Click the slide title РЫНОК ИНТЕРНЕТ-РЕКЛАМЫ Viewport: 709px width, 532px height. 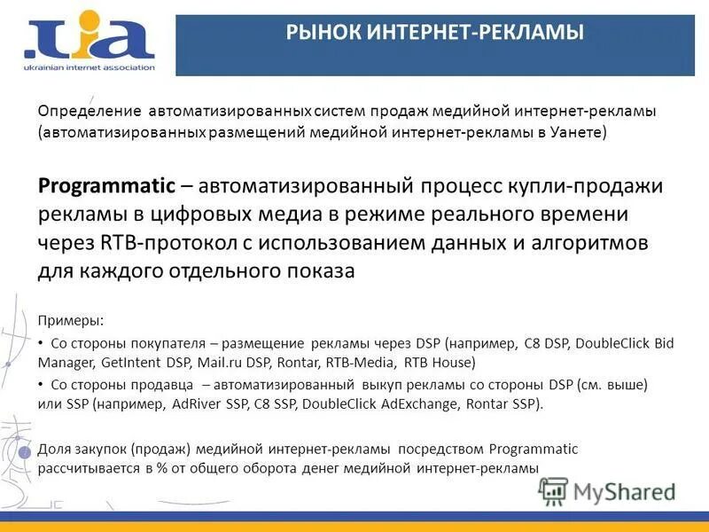point(434,33)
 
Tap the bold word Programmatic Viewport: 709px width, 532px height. point(106,187)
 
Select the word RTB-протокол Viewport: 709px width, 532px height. point(145,244)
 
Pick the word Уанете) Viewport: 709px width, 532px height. point(578,132)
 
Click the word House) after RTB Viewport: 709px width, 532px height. point(454,363)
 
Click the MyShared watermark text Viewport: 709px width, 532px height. point(625,490)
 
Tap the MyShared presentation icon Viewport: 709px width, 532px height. point(553,490)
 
